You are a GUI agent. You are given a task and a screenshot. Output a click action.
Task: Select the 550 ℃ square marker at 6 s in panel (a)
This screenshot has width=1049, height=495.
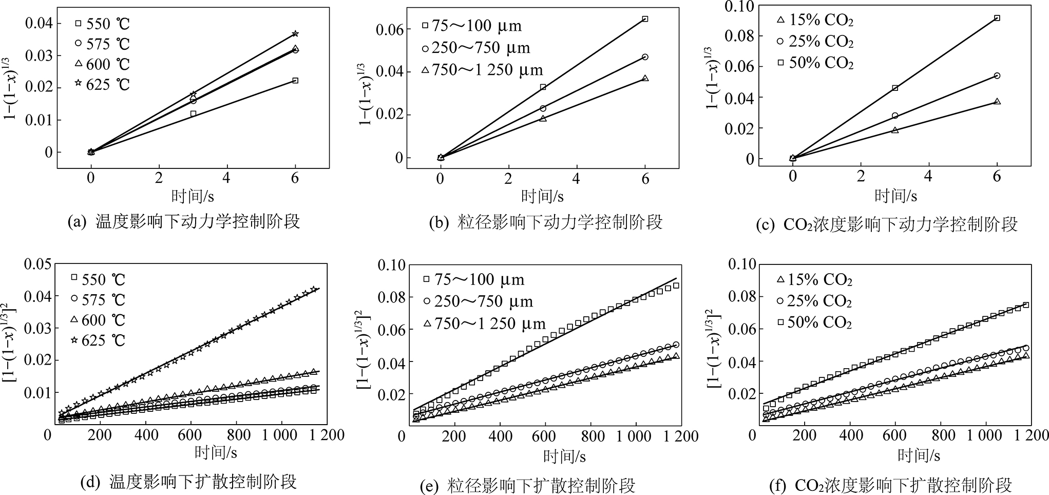(x=295, y=81)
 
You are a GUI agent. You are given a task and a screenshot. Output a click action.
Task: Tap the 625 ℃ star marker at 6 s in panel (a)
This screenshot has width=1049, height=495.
(x=295, y=34)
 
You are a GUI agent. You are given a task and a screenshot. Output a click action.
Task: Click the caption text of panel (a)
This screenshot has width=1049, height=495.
(x=184, y=222)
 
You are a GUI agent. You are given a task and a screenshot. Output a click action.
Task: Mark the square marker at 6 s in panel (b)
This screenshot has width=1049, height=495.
(x=645, y=19)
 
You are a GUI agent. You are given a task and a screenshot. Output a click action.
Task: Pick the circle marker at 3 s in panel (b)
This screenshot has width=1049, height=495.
(x=543, y=108)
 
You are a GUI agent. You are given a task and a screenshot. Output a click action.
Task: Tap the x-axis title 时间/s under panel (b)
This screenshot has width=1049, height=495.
(x=542, y=196)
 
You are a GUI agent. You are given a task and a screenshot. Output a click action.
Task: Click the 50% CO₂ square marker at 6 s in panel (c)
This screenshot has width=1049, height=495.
(x=997, y=18)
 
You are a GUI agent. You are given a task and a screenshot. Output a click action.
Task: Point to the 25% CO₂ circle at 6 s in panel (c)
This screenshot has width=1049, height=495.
(x=997, y=75)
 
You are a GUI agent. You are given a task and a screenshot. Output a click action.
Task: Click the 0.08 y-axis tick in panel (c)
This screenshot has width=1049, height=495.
(x=740, y=36)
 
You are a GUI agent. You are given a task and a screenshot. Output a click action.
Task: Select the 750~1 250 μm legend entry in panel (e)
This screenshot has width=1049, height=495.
(x=484, y=325)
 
